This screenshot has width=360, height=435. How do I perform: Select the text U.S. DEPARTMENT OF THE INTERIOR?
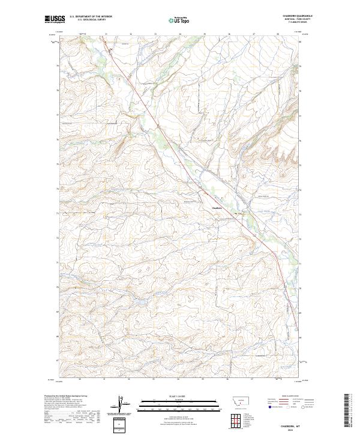(x=91, y=17)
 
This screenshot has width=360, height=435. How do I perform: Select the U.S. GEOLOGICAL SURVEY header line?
(x=91, y=20)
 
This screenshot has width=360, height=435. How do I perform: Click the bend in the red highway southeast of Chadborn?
(x=275, y=252)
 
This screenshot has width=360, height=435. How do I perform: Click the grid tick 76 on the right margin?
(x=301, y=140)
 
